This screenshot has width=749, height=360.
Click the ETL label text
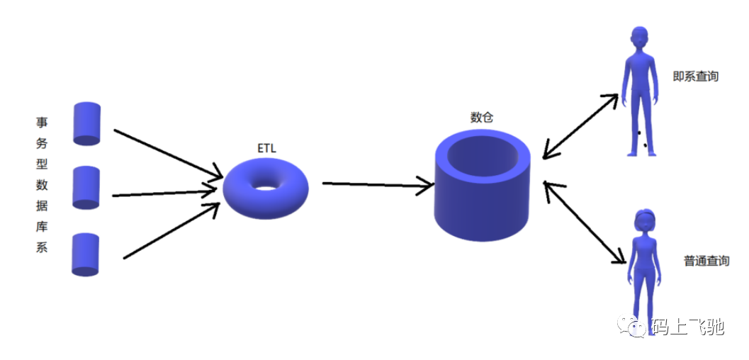(266, 149)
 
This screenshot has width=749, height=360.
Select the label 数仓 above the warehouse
(482, 118)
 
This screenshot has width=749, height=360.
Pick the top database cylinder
(87, 123)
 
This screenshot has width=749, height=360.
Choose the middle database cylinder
(86, 188)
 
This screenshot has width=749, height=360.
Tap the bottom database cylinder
(86, 254)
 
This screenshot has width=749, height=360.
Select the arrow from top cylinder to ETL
(168, 154)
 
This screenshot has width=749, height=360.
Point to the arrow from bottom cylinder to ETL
(172, 230)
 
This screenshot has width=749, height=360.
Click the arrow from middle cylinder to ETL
(165, 193)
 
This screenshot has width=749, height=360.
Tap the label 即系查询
(696, 77)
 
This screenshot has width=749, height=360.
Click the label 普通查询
(706, 261)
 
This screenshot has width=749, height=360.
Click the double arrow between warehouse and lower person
(585, 222)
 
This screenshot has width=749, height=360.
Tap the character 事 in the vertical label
(42, 122)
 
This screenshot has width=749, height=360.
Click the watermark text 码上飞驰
(687, 327)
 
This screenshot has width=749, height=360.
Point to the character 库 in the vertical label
(42, 227)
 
